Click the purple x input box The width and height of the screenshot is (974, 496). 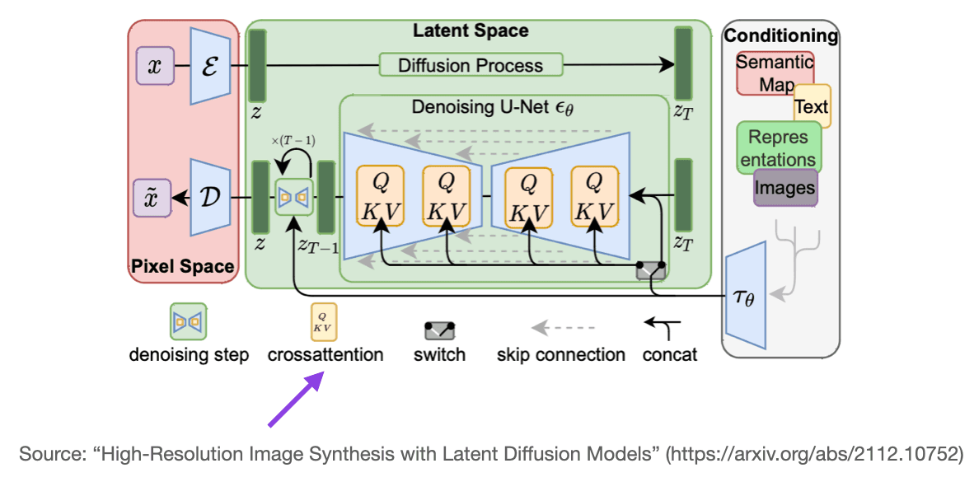(x=155, y=66)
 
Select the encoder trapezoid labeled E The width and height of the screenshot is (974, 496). (x=208, y=66)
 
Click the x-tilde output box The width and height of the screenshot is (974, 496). (x=153, y=199)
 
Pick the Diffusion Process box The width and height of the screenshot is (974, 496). (x=471, y=65)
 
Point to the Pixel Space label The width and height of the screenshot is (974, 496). (x=182, y=267)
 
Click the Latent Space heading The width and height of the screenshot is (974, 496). (x=471, y=31)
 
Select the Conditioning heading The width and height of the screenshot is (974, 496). (x=780, y=36)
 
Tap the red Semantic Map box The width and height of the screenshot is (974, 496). (x=773, y=73)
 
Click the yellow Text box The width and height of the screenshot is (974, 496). (x=812, y=106)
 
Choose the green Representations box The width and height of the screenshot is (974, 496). (x=779, y=148)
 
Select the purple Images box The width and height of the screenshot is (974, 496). (x=785, y=188)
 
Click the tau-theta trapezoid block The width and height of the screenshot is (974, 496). (x=745, y=297)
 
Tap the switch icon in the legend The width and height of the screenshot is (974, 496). (x=440, y=330)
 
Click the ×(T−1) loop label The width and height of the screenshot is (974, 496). (x=293, y=141)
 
